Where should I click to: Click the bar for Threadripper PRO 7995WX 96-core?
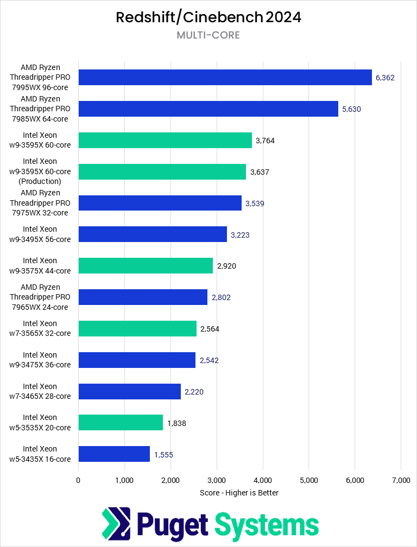click(225, 78)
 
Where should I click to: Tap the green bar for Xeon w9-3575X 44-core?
click(146, 265)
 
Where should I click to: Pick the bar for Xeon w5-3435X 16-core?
click(114, 454)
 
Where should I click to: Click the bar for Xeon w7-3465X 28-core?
click(129, 391)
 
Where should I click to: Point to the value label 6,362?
click(385, 78)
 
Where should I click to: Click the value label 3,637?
click(260, 172)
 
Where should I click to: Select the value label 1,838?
click(176, 423)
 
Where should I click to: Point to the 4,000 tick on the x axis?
click(263, 480)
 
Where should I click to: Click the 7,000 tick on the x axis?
click(401, 480)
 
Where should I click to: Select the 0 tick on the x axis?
click(78, 480)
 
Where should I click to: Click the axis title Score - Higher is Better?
click(239, 493)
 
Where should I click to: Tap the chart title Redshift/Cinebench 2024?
click(208, 17)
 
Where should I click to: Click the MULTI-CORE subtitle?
click(208, 35)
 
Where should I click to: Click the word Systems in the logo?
click(266, 525)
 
